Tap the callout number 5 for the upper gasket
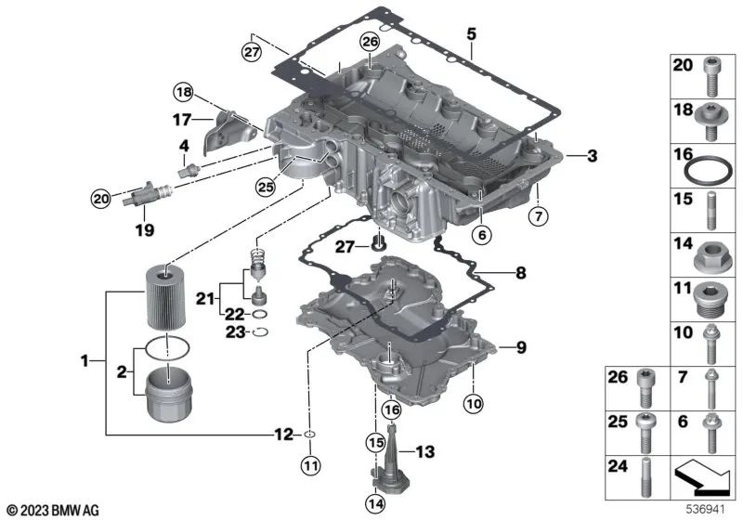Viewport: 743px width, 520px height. tap(471, 34)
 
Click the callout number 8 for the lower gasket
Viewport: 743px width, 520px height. tap(520, 273)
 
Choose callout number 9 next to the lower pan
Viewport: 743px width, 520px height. tap(521, 347)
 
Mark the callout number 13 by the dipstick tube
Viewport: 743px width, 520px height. tap(424, 452)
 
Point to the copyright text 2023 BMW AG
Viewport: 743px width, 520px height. tap(52, 510)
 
